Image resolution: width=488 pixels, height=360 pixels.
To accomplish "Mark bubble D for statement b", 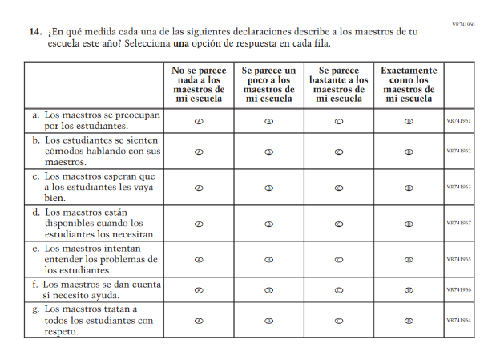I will [409, 151].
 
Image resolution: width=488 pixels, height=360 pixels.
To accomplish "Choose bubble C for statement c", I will [339, 188].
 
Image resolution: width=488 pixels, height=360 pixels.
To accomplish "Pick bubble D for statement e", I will [409, 260].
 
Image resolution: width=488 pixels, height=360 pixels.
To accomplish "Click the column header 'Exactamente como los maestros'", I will [409, 84].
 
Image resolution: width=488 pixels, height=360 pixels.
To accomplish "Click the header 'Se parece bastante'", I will [339, 84].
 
